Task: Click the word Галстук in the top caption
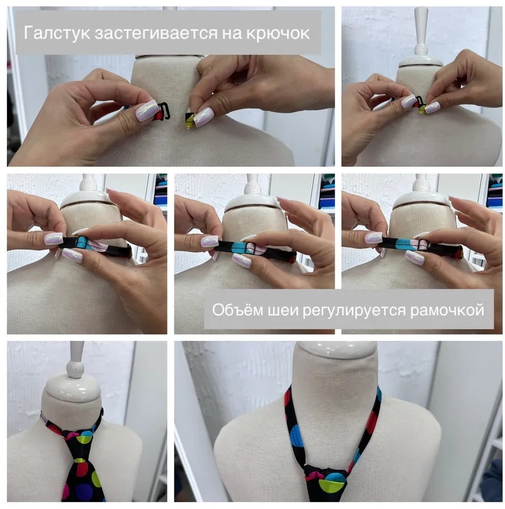coord(57,33)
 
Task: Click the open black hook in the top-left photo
coord(167,110)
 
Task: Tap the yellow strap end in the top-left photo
coord(189,122)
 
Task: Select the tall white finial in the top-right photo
coord(422,32)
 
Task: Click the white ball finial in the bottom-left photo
coord(75,369)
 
